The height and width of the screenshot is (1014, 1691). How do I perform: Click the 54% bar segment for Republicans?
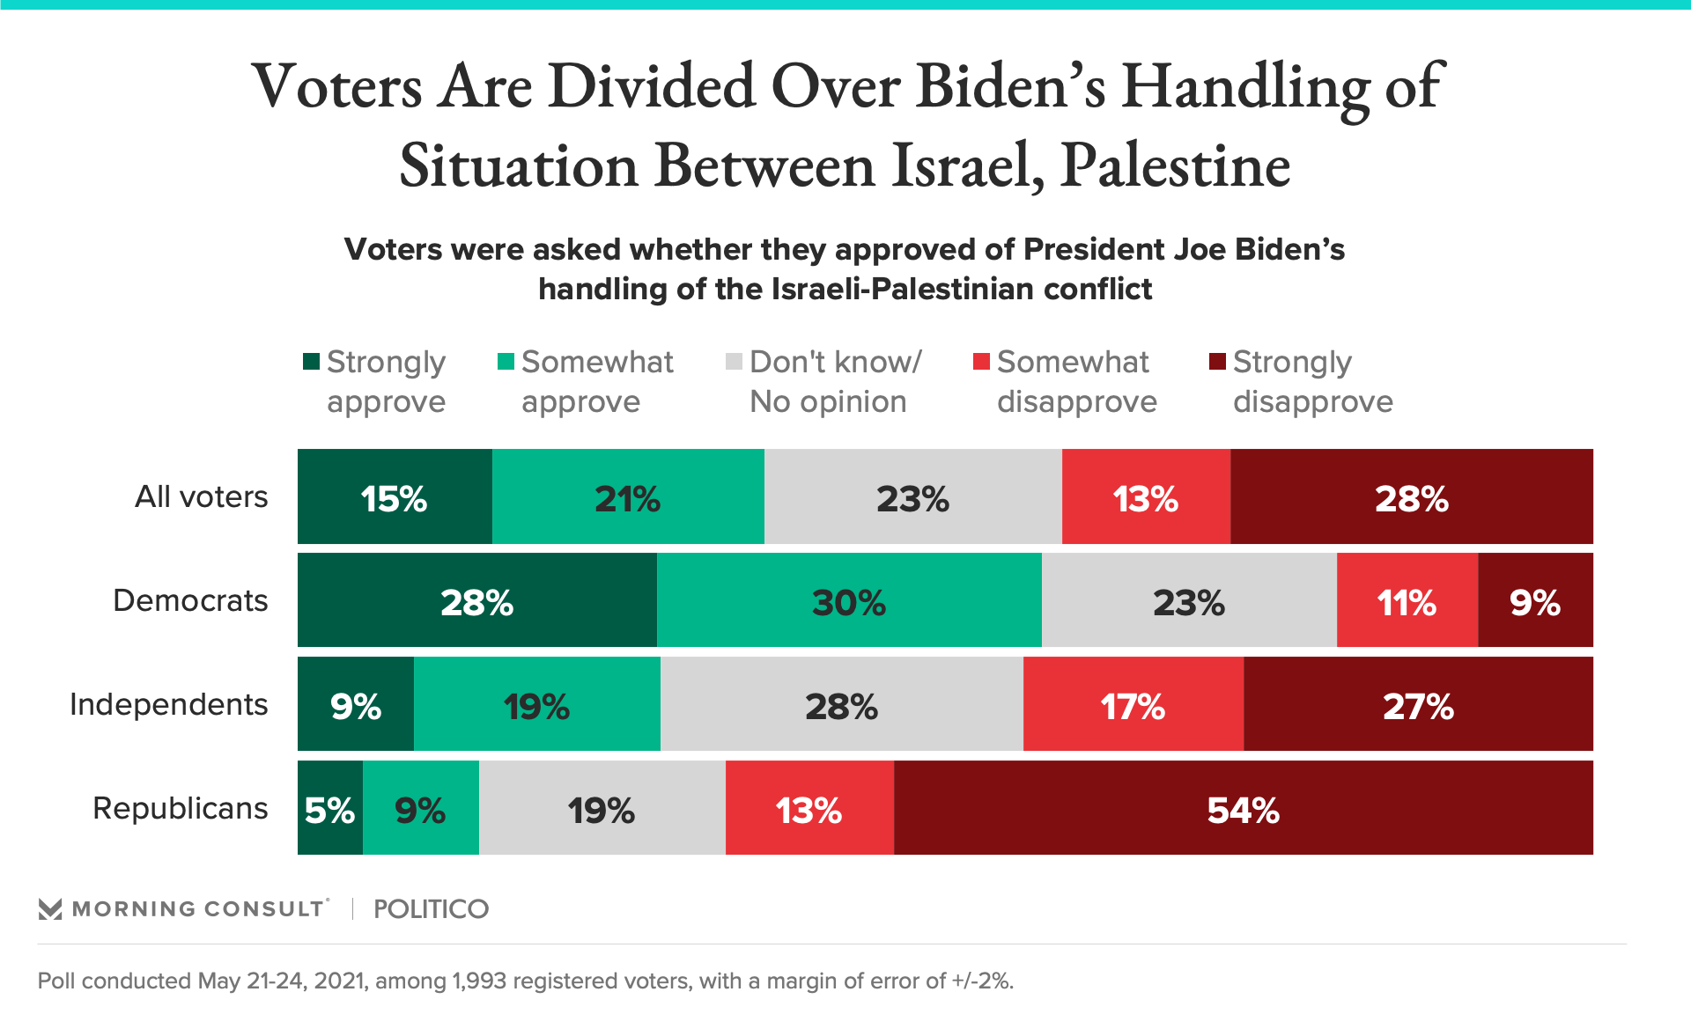click(1243, 808)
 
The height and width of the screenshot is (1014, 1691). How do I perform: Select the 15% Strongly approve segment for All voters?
click(395, 496)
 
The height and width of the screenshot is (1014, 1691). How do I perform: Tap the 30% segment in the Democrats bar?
click(849, 600)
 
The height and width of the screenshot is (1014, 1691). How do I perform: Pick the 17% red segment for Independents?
click(1133, 704)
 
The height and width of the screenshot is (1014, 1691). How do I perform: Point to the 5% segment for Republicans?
click(329, 808)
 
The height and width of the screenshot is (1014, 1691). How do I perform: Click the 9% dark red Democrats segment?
click(1535, 600)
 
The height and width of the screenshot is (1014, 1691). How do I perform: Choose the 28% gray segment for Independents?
click(841, 704)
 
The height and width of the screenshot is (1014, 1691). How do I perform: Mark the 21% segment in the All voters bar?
click(627, 496)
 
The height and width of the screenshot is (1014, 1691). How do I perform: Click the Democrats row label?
click(190, 600)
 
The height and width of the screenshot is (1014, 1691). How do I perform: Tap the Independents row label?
click(168, 704)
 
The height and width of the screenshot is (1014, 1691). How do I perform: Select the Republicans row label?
click(180, 808)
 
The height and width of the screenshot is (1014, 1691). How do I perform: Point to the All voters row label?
click(201, 496)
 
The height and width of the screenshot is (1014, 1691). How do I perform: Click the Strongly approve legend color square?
click(311, 362)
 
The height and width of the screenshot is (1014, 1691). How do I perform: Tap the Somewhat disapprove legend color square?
click(981, 362)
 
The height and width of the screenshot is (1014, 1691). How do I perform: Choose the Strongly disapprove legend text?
click(1312, 381)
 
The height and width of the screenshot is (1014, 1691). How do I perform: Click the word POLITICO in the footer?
click(431, 909)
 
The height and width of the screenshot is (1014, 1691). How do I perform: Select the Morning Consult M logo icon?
click(50, 909)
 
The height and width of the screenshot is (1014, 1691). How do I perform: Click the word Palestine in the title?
click(1175, 165)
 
